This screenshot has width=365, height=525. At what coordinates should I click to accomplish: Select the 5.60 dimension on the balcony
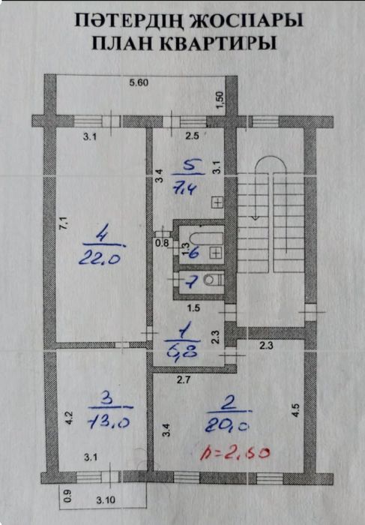[x=139, y=82]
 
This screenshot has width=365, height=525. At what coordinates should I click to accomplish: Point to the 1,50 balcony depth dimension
[x=220, y=100]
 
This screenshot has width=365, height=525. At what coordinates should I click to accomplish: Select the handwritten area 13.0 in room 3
[x=109, y=422]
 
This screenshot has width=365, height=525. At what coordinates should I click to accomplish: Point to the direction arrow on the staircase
[x=259, y=217]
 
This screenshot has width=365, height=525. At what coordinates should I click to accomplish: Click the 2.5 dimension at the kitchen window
[x=193, y=136]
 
